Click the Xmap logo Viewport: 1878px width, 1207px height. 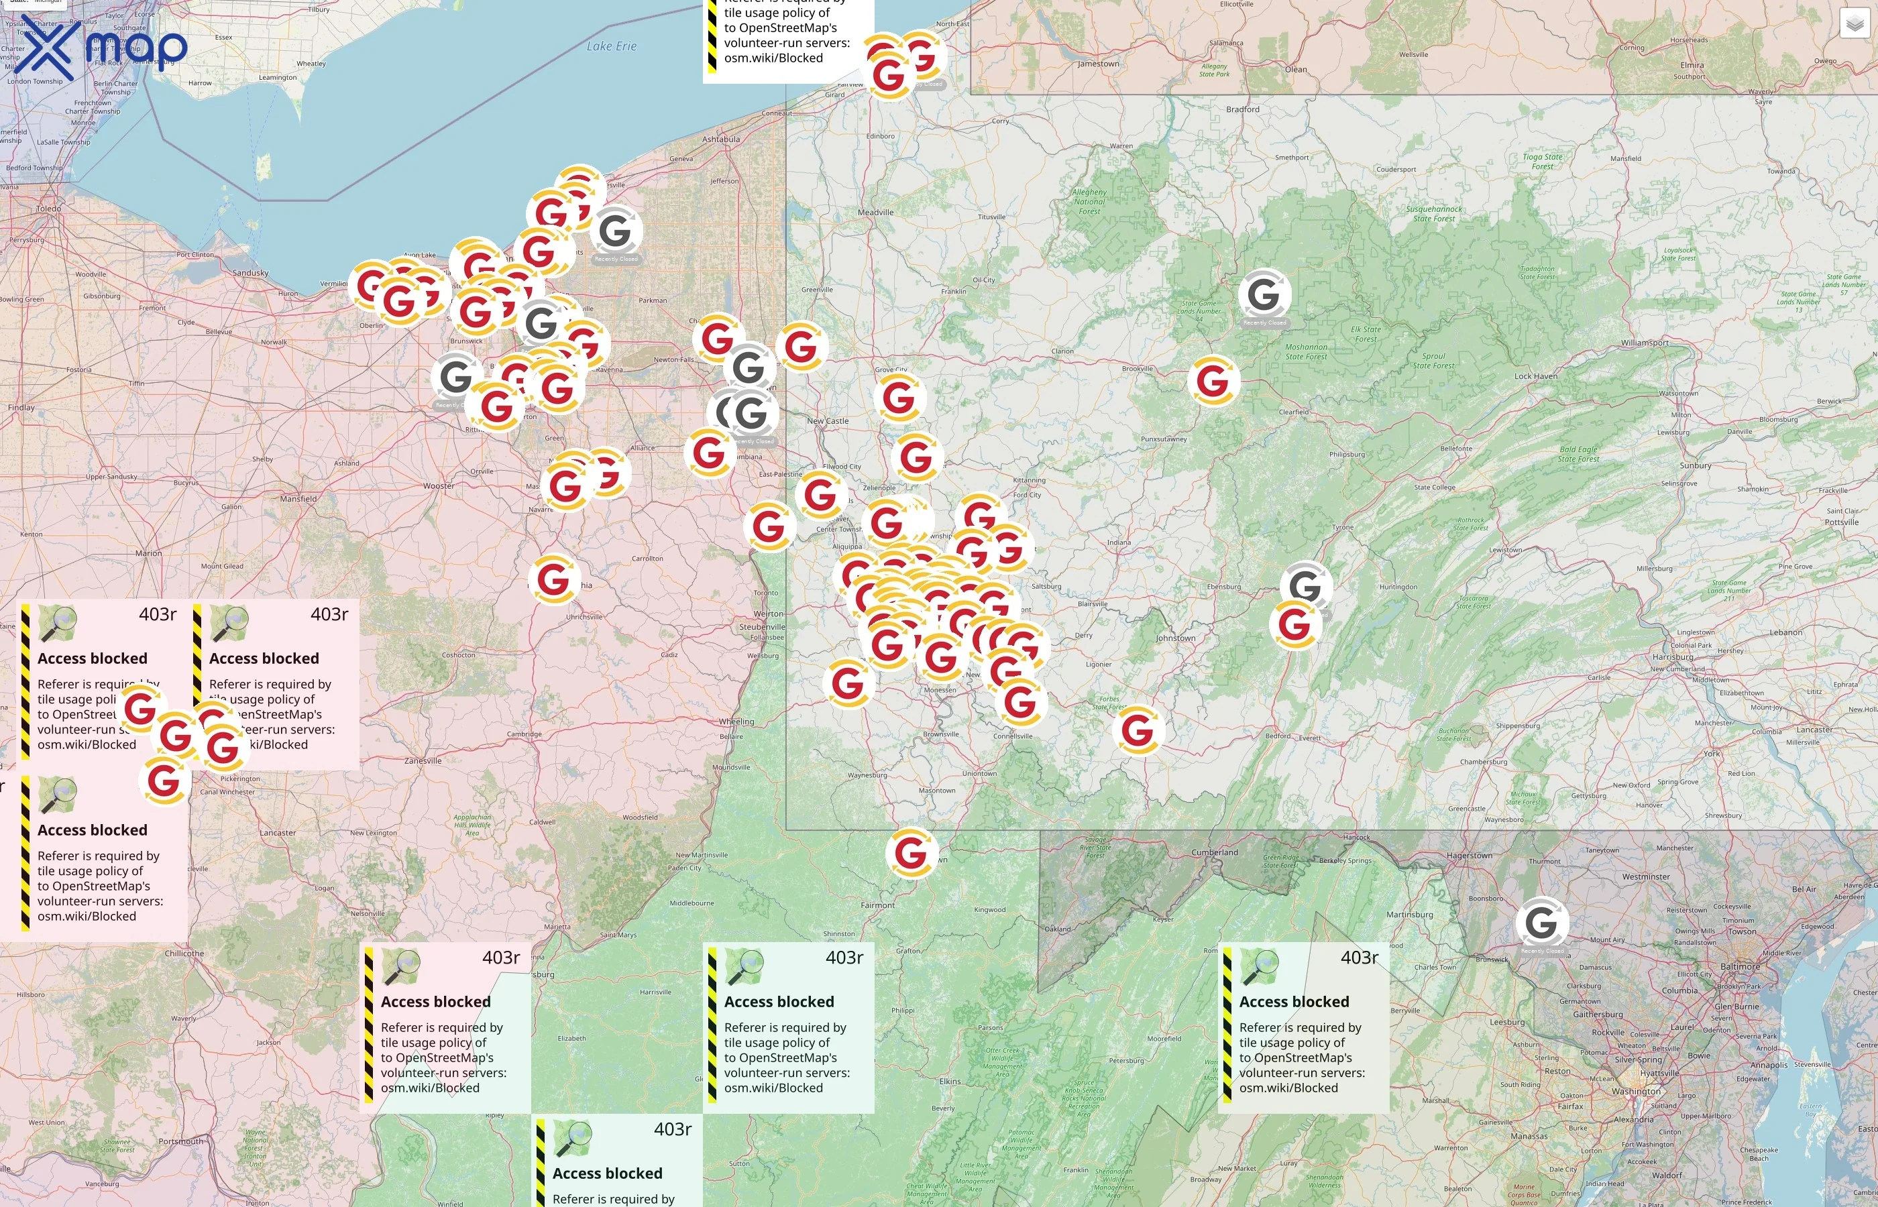coord(101,47)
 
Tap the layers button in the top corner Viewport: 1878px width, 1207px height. coord(1854,23)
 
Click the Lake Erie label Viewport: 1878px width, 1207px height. coord(612,46)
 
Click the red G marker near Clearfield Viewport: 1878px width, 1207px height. coord(1213,381)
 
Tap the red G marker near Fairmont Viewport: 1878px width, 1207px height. coord(911,852)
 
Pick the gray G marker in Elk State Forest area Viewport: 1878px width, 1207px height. coord(1264,294)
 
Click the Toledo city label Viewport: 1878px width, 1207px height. coord(48,209)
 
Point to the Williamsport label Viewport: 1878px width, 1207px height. coord(1645,343)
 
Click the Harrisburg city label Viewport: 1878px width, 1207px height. coord(1672,656)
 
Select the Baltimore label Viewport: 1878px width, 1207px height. coord(1740,966)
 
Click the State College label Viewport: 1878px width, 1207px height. coord(1435,487)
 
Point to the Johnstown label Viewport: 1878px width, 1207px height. coord(1175,638)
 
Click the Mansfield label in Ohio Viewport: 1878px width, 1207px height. coord(298,498)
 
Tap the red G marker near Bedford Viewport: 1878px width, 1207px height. coord(1138,730)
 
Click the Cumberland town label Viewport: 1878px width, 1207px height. coord(1214,852)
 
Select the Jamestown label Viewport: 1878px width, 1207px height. coord(1097,64)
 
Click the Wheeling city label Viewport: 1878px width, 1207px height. coord(736,721)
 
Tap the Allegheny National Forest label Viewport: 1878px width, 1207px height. coord(1089,201)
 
